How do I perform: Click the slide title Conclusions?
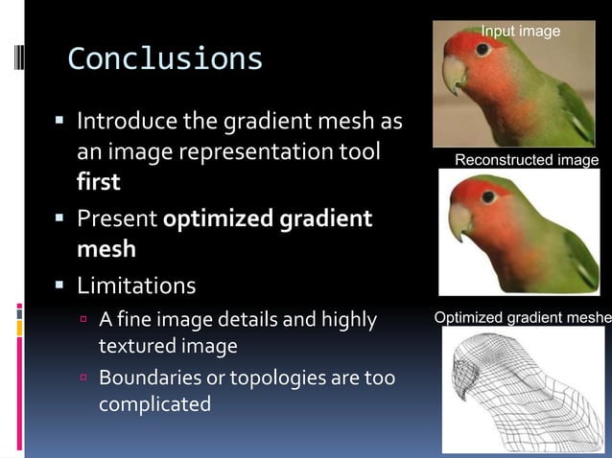point(165,59)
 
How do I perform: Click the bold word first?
point(98,182)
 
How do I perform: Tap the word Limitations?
point(136,286)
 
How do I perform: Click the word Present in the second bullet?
point(117,218)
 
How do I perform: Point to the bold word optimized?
point(220,219)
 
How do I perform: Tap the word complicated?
point(154,403)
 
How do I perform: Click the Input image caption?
point(520,32)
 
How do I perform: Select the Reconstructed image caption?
point(526,160)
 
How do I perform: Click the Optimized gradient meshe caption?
point(522,317)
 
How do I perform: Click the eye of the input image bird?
point(483,49)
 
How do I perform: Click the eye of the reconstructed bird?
point(489,196)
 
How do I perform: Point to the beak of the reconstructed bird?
point(459,221)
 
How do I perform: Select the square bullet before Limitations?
point(59,286)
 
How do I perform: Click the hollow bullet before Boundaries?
point(83,378)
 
